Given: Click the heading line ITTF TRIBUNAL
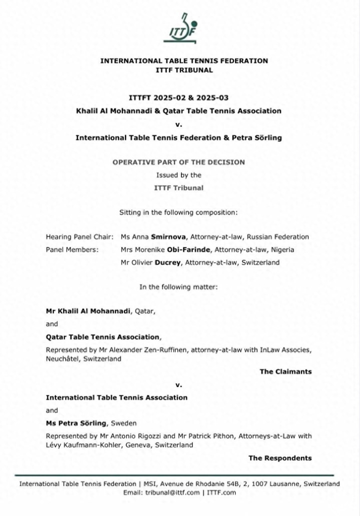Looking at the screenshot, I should click(184, 70).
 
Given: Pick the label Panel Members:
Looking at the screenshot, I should click(72, 249).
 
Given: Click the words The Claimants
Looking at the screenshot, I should click(285, 371).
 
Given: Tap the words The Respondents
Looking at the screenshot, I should click(280, 457).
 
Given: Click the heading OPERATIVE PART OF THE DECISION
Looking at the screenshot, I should click(178, 162).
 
